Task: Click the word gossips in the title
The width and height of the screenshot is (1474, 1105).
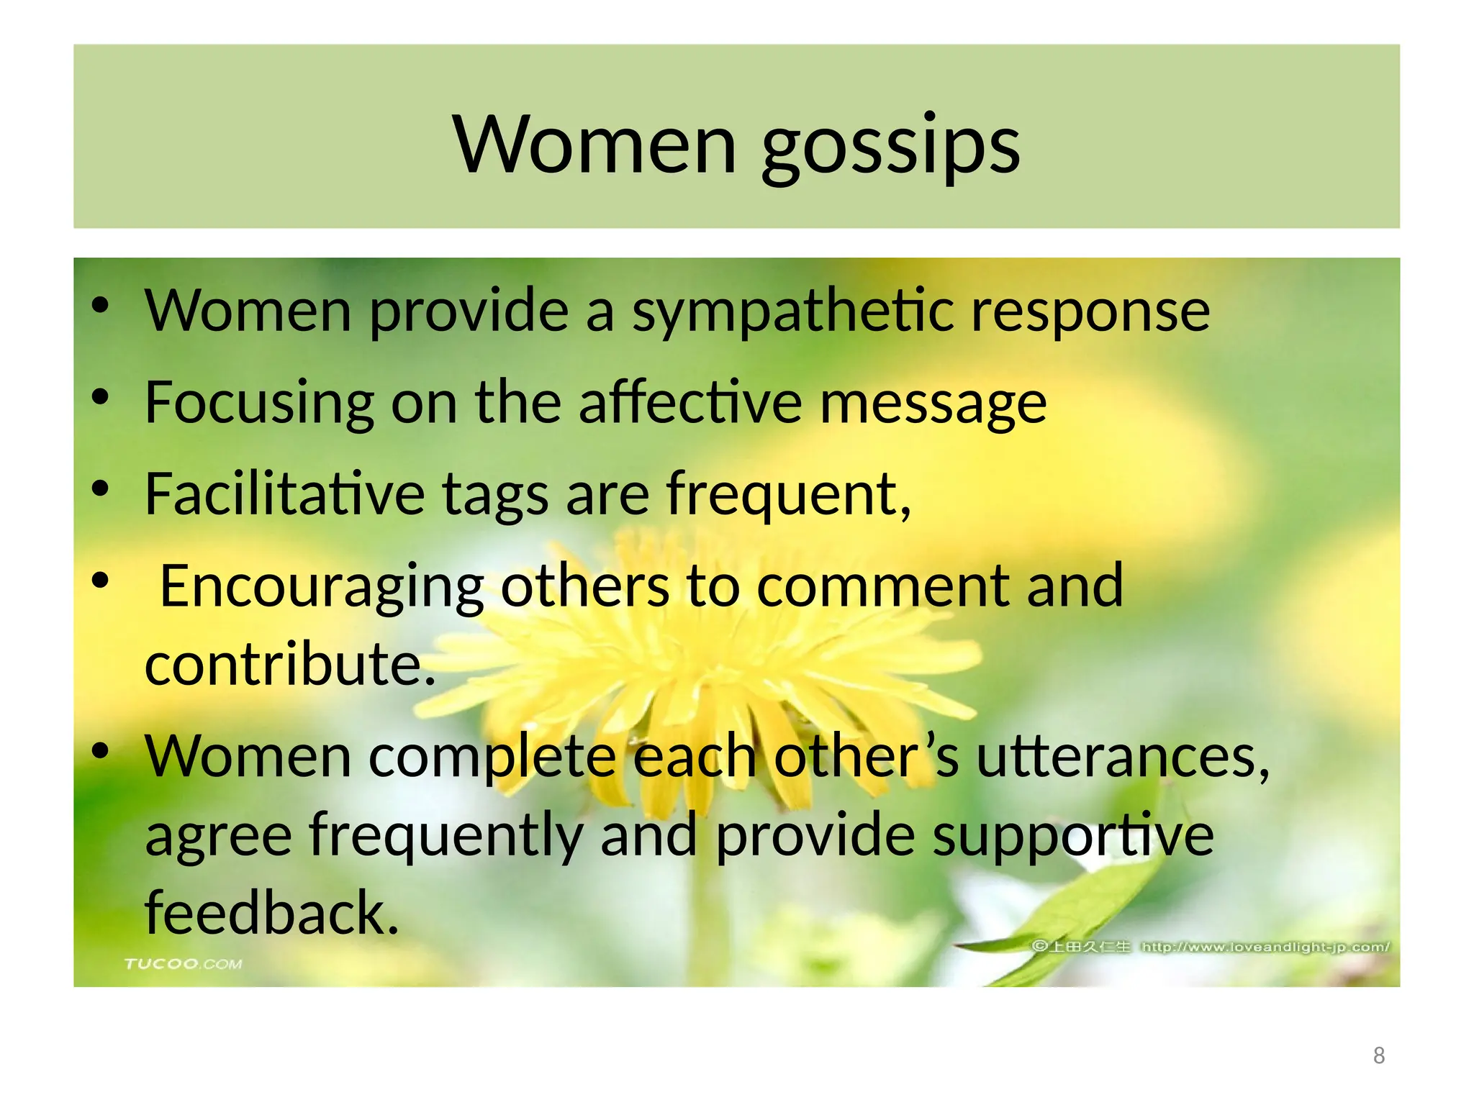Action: click(x=890, y=147)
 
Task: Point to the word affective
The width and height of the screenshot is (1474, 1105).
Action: click(x=690, y=403)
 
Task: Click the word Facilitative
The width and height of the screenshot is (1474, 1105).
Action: click(x=285, y=494)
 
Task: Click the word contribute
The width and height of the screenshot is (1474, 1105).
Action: click(x=290, y=665)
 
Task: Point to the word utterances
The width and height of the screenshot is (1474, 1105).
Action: click(x=1123, y=758)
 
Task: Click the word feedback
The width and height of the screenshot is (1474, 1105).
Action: click(x=271, y=913)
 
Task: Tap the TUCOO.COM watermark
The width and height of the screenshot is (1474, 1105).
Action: click(x=183, y=964)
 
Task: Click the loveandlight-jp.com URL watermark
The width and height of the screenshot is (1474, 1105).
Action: click(x=1265, y=947)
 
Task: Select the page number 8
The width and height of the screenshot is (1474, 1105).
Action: click(x=1378, y=1055)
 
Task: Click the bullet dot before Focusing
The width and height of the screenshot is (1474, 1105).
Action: click(x=100, y=397)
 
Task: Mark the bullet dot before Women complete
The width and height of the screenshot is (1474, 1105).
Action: click(x=100, y=751)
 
